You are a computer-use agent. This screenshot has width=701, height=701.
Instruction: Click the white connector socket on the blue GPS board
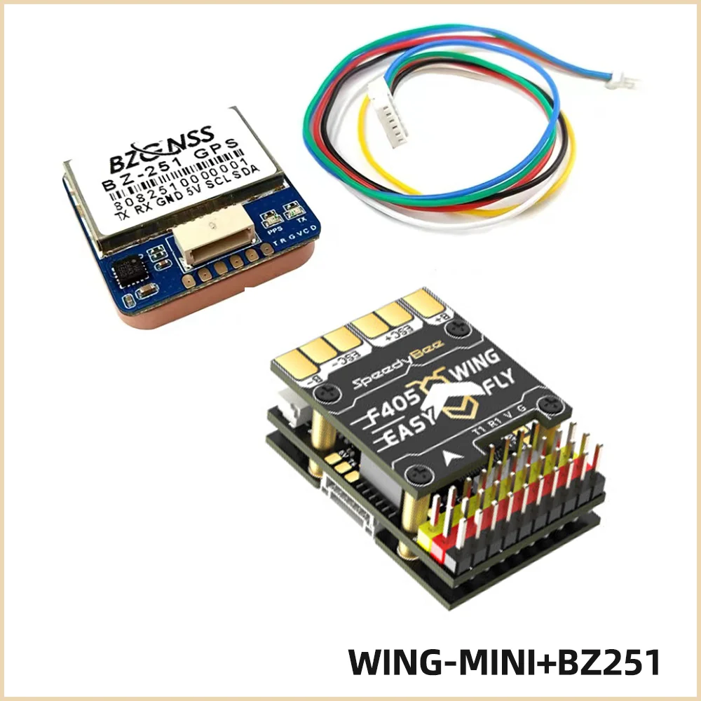[212, 240]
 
